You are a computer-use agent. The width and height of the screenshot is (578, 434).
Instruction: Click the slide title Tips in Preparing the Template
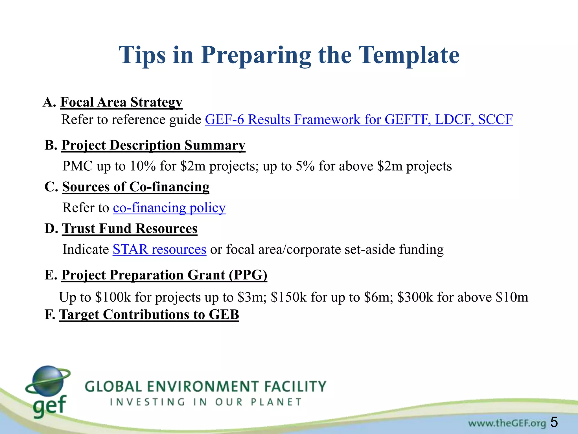point(289,55)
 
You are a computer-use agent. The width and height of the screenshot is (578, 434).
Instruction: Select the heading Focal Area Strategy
point(121,102)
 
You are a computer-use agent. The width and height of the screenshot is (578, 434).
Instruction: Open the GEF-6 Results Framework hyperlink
point(358,120)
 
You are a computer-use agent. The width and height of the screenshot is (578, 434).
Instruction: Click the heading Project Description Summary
point(153,145)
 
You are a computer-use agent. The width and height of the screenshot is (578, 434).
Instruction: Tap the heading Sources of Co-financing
point(136,187)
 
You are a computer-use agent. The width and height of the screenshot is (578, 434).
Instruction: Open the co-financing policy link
point(169,208)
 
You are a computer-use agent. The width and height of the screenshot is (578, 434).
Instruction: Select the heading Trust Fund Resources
point(130,229)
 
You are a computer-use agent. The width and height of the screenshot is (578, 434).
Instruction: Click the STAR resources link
point(159,249)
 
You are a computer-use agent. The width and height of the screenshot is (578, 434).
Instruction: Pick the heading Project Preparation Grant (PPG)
point(164,275)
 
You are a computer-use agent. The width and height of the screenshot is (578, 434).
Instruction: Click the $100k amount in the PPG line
point(113,298)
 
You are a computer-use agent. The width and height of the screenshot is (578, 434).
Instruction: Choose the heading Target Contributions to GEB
point(149,315)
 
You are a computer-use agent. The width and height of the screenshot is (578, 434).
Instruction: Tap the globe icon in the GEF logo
point(48,380)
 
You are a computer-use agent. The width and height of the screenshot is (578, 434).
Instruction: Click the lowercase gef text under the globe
point(49,405)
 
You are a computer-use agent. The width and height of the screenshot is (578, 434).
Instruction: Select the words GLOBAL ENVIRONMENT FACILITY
point(205,387)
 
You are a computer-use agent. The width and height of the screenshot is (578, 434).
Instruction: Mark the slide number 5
point(554,422)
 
